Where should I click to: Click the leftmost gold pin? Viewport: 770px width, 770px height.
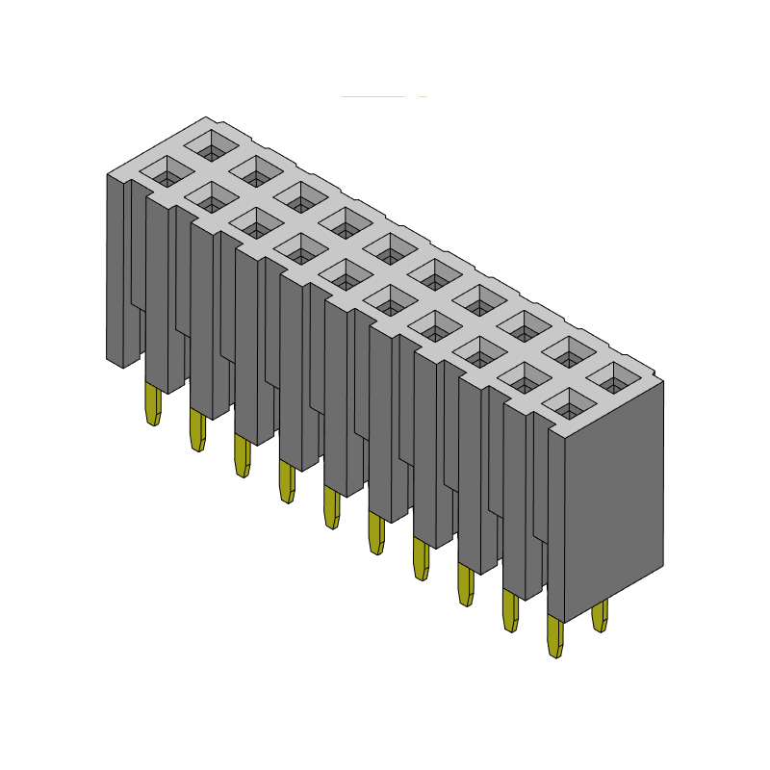pos(152,404)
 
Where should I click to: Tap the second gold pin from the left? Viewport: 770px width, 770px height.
pos(197,429)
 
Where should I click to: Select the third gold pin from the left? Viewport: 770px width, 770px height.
pos(242,455)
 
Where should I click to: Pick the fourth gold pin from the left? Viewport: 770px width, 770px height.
pos(287,480)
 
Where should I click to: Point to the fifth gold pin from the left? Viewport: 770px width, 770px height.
pos(331,507)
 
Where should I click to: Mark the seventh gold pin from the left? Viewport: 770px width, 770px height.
pos(421,558)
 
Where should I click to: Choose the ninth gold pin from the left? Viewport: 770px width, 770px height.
pos(510,610)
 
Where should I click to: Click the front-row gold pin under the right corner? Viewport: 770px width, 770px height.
pos(554,636)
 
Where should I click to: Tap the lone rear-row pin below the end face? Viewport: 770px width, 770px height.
pos(600,615)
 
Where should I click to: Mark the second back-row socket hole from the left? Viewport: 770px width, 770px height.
pos(256,171)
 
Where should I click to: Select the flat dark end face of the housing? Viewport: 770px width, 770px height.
pos(613,500)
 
